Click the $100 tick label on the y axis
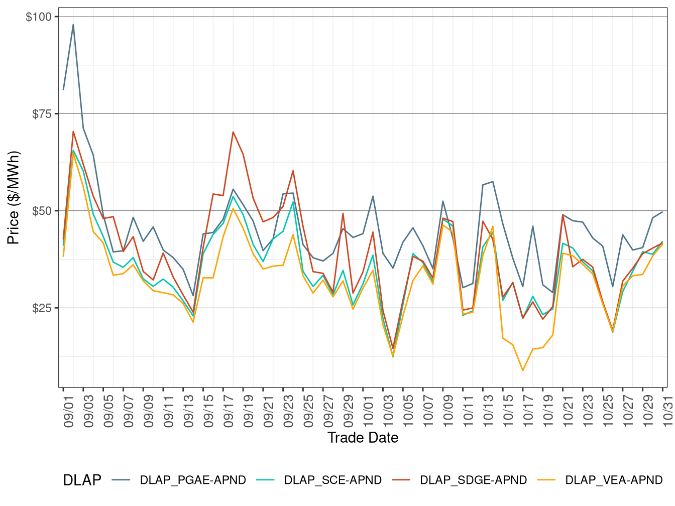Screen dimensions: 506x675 [38, 17]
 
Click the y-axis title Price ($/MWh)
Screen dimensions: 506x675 [13, 198]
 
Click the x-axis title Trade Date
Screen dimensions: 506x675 [363, 438]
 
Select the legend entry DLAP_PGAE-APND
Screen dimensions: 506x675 [193, 480]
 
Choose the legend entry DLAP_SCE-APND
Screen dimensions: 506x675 [332, 480]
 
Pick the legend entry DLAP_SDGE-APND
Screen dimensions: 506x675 [473, 480]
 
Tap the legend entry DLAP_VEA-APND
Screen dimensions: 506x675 [613, 480]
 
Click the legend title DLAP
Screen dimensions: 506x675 [82, 480]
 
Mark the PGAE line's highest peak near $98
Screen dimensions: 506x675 [73, 25]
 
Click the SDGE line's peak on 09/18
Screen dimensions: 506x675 [233, 132]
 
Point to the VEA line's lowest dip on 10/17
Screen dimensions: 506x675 [523, 370]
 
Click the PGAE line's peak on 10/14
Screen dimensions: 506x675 [493, 182]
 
